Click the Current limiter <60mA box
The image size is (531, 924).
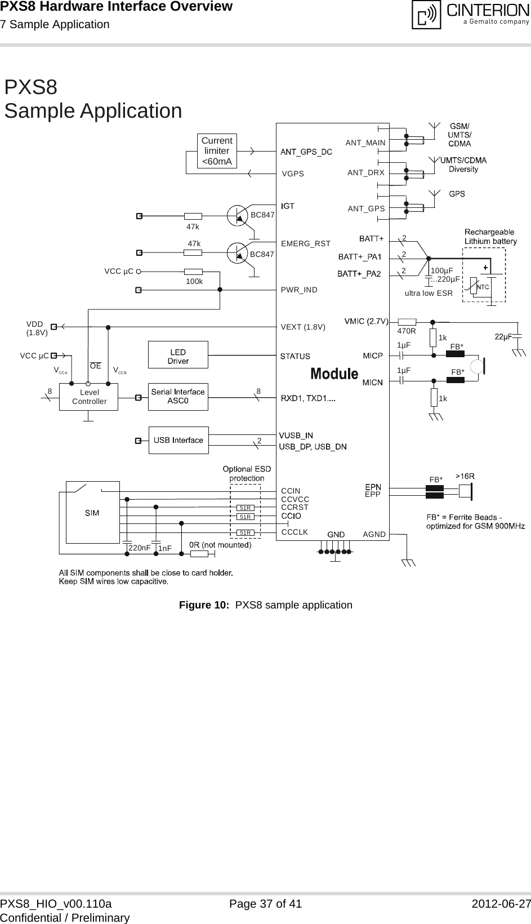click(217, 151)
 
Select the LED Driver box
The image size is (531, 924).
click(178, 356)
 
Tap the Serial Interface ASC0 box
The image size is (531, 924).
click(178, 397)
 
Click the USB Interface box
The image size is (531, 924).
click(178, 440)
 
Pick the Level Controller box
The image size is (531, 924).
click(89, 397)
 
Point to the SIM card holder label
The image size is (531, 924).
click(92, 513)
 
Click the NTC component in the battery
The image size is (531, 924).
click(483, 287)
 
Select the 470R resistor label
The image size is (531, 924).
click(407, 331)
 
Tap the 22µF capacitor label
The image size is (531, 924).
click(503, 336)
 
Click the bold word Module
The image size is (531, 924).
click(334, 374)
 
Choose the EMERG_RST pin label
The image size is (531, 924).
click(306, 243)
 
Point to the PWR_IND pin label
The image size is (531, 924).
click(299, 290)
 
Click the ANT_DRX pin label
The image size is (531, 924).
click(366, 172)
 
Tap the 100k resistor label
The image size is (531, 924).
click(194, 281)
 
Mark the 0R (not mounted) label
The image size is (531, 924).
click(220, 545)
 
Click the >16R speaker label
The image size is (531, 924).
click(465, 476)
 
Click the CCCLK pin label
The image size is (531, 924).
click(294, 531)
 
